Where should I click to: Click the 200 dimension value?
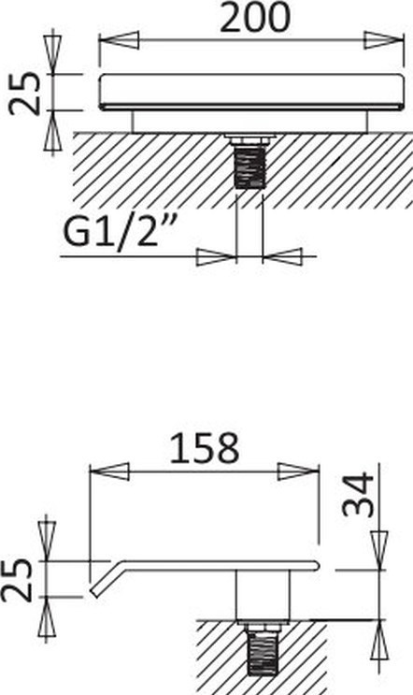pyautogui.click(x=255, y=18)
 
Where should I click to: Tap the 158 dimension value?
pyautogui.click(x=205, y=449)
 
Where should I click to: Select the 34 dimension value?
pyautogui.click(x=359, y=494)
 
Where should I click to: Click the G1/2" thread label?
pyautogui.click(x=118, y=233)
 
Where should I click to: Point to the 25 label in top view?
pyautogui.click(x=25, y=94)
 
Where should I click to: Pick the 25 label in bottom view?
pyautogui.click(x=17, y=580)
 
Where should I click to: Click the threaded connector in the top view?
pyautogui.click(x=249, y=167)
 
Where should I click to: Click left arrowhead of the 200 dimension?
pyautogui.click(x=119, y=40)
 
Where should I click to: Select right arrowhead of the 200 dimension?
pyautogui.click(x=384, y=40)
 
